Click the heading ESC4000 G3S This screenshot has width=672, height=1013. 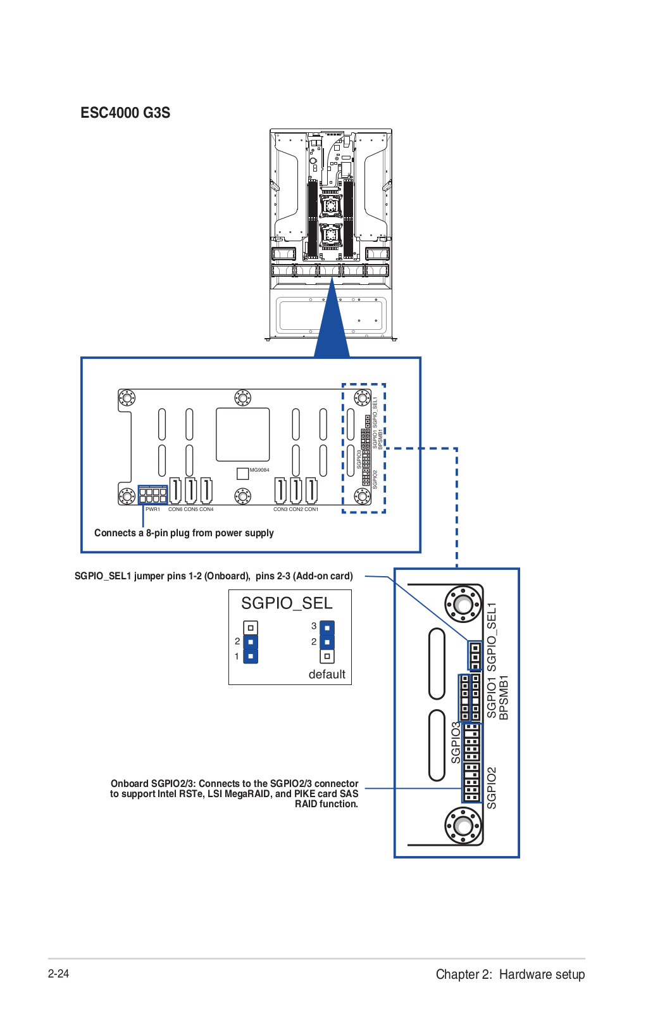(125, 113)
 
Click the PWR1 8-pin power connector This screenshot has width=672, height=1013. (153, 495)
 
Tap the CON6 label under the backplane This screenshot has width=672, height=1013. (175, 509)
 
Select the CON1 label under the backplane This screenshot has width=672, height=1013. (312, 509)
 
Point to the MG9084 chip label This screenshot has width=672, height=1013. (259, 470)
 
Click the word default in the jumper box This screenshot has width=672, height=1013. (327, 674)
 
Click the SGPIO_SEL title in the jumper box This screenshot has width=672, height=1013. (287, 603)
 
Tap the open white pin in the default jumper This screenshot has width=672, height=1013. (327, 657)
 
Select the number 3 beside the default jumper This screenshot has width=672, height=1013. (314, 626)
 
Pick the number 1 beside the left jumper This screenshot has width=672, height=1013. (237, 657)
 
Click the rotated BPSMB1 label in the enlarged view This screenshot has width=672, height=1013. (504, 697)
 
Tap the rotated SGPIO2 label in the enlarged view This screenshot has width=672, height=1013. (492, 788)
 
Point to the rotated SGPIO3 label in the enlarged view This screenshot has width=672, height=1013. (456, 743)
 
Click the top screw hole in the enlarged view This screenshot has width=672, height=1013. (464, 603)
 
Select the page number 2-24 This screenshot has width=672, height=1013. (58, 974)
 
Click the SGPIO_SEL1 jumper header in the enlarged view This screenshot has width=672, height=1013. (475, 655)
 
